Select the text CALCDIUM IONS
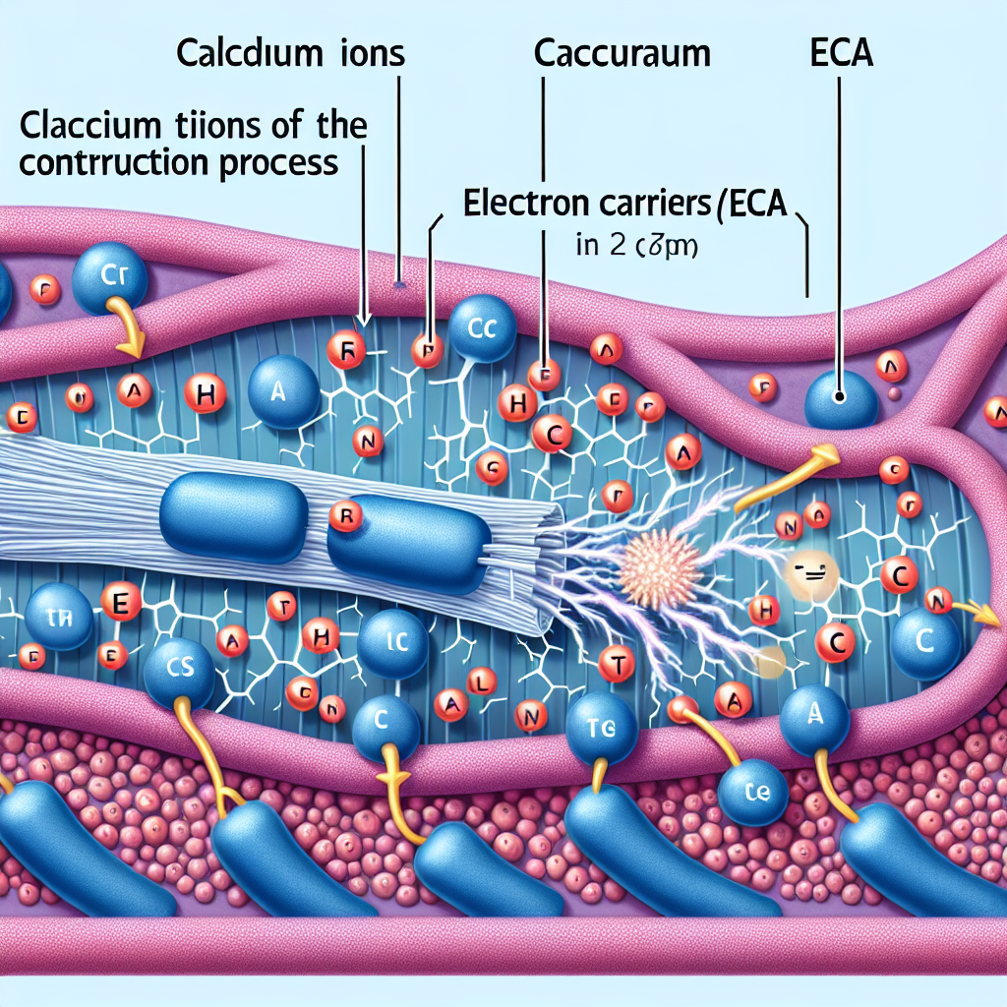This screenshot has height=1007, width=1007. tap(290, 55)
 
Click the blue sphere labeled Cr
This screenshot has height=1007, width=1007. tap(111, 276)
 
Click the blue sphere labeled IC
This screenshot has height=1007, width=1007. tap(391, 645)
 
